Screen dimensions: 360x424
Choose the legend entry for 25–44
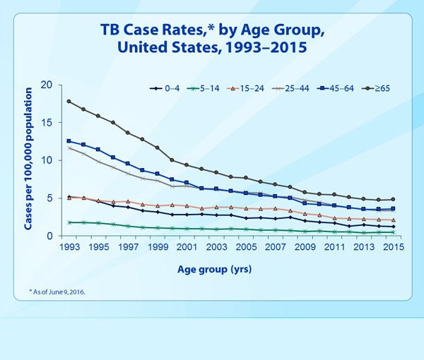pyautogui.click(x=295, y=88)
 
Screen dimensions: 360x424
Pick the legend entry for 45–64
pyautogui.click(x=339, y=88)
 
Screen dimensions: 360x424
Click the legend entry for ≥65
pyautogui.click(x=382, y=88)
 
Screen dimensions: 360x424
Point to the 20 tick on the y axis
pyautogui.click(x=48, y=85)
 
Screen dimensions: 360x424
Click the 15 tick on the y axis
pyautogui.click(x=48, y=123)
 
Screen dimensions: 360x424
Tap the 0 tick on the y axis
pyautogui.click(x=51, y=236)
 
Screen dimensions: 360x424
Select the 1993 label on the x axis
pyautogui.click(x=69, y=248)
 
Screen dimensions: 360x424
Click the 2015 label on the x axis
pyautogui.click(x=394, y=248)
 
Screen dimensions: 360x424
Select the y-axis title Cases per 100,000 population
pyautogui.click(x=28, y=160)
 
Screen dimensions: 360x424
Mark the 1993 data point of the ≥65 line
pyautogui.click(x=69, y=101)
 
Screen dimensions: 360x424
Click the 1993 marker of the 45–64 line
pyautogui.click(x=69, y=141)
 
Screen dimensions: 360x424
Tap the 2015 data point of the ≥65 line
pyautogui.click(x=394, y=199)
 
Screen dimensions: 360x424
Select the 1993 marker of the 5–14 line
pyautogui.click(x=69, y=222)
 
